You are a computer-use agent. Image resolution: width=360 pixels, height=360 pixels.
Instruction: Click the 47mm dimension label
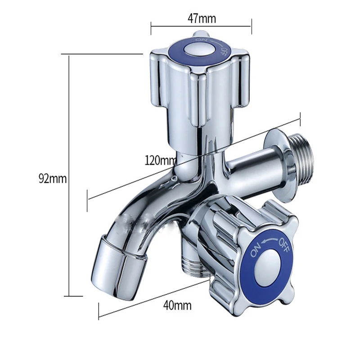pos(201,19)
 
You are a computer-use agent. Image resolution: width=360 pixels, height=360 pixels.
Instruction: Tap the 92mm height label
pos(52,179)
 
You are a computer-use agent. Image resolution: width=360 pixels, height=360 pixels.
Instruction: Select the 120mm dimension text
pos(161,160)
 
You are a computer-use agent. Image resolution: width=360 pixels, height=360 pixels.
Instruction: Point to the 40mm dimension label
pos(177,306)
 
